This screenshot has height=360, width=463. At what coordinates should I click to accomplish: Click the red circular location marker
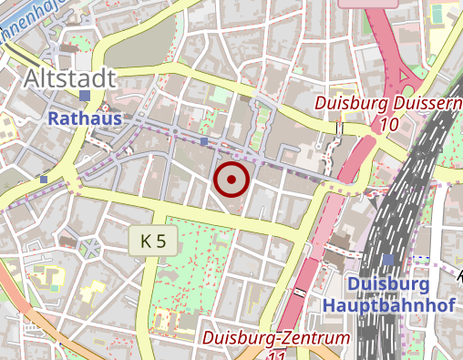(231, 180)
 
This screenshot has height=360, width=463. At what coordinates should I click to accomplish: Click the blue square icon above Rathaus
(85, 96)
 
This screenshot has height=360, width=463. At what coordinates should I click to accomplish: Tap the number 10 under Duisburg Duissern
(389, 124)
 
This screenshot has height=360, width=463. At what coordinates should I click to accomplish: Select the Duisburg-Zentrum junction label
(277, 339)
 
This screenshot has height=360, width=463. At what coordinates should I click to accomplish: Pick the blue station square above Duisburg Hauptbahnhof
(389, 261)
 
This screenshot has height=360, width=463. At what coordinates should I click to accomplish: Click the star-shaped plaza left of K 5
(89, 246)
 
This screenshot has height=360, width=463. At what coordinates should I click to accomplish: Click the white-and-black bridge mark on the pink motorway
(300, 291)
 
